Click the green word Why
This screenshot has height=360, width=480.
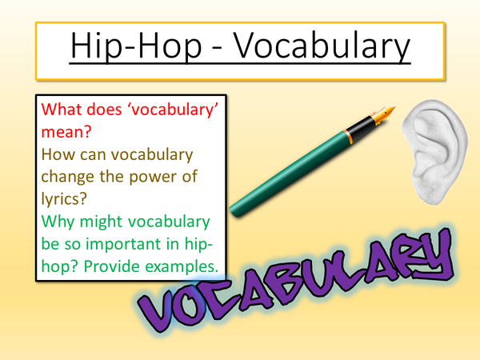57,220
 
